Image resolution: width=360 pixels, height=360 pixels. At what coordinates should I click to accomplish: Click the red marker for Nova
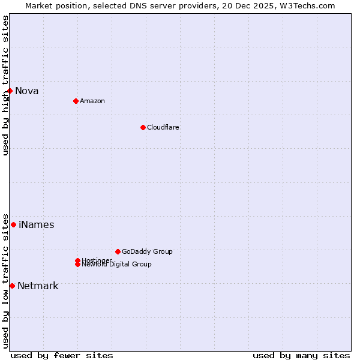[10, 91]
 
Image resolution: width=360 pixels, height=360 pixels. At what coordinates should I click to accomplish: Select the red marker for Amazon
[76, 101]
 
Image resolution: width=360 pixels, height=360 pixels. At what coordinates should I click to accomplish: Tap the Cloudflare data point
[143, 127]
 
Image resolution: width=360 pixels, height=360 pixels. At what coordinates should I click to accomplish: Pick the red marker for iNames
[13, 224]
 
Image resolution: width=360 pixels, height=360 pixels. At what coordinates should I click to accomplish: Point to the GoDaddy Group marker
[118, 251]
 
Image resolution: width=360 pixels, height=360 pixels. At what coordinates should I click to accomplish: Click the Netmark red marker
[12, 286]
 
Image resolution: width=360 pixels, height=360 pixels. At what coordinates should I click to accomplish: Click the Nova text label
[27, 91]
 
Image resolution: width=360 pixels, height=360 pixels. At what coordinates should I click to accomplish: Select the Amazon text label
[92, 101]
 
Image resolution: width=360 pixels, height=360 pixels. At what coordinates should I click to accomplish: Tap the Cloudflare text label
[163, 127]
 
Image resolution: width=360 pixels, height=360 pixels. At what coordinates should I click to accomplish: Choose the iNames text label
[37, 225]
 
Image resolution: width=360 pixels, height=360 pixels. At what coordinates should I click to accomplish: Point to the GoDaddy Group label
[147, 251]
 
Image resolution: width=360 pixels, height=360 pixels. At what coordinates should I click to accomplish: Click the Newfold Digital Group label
[117, 265]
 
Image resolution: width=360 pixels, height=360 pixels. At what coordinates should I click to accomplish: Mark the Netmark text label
[38, 286]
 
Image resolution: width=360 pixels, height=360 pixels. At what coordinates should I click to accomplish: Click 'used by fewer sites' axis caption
[62, 355]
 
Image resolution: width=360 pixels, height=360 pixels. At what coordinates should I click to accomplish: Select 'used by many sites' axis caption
[301, 355]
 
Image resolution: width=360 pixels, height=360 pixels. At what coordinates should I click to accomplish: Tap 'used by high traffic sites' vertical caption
[5, 85]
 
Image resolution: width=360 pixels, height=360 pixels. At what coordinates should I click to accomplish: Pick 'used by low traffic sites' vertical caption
[5, 280]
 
